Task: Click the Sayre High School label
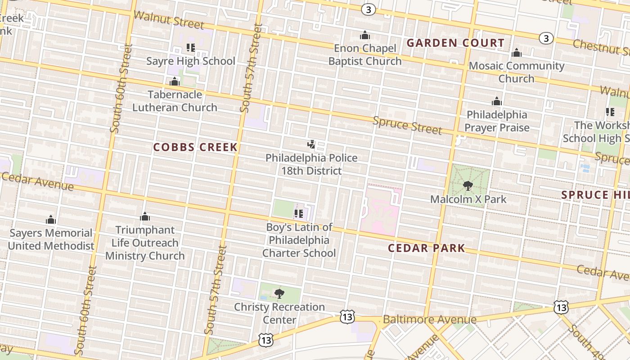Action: tap(191, 61)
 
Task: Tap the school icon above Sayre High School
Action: tap(190, 47)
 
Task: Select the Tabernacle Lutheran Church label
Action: tap(175, 101)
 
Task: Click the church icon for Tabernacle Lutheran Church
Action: tap(175, 81)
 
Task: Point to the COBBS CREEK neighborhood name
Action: tap(195, 147)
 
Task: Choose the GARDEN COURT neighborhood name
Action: tap(455, 43)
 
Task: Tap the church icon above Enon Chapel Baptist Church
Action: tap(364, 35)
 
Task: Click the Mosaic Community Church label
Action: tap(516, 72)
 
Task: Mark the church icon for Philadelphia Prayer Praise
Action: tap(497, 101)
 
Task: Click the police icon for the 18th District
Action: tap(311, 144)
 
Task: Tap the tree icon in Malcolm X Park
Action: tap(468, 185)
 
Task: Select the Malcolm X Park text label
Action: tap(468, 199)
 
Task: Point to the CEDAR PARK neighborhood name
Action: tap(426, 248)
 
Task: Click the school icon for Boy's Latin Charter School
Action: tap(298, 214)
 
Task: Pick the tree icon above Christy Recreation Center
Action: tap(279, 294)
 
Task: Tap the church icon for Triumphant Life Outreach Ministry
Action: tap(144, 217)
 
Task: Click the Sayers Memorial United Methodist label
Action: tap(51, 239)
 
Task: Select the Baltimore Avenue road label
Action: tap(430, 319)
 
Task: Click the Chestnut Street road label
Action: tap(601, 46)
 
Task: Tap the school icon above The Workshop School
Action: tap(610, 112)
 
